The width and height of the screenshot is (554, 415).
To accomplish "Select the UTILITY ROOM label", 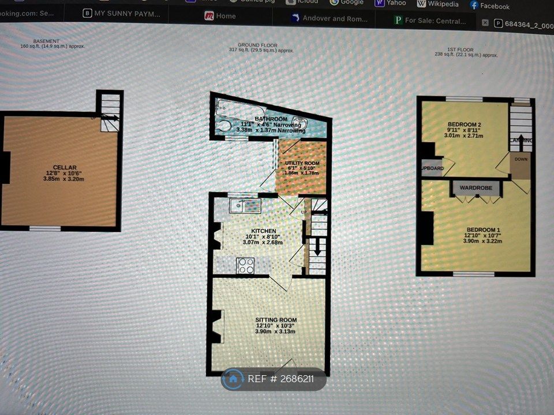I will pos(302,163).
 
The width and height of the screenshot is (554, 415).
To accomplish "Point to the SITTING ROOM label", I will pos(276,319).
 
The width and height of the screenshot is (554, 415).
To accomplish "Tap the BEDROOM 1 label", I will pos(483,230).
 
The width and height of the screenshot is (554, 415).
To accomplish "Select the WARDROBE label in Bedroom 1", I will pos(475,187).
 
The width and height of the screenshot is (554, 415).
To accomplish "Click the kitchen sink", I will pos(245,205).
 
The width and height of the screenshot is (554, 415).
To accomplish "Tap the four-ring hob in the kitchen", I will pos(246,265).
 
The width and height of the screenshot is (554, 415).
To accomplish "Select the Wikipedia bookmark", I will pos(438,4).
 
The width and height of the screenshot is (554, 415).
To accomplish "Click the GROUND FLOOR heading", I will pos(257,45).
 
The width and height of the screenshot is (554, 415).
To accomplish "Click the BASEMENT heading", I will pos(46,41).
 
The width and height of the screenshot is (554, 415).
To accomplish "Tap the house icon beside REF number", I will pos(233,379).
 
